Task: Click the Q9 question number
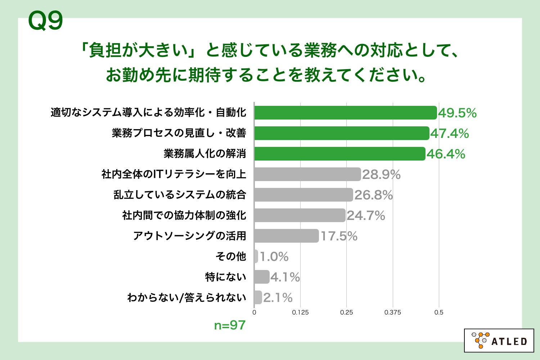click(45, 21)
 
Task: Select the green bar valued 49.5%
click(345, 113)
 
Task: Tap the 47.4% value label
click(450, 134)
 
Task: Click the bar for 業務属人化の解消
click(339, 154)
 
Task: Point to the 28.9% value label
click(381, 175)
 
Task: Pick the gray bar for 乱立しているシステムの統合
click(303, 195)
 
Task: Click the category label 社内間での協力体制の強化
click(184, 215)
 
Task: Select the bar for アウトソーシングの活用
click(286, 236)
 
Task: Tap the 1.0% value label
click(274, 257)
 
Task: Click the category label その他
click(231, 256)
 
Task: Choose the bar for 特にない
click(261, 277)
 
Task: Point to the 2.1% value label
click(278, 298)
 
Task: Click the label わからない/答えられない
click(186, 297)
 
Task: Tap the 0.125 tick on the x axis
click(300, 312)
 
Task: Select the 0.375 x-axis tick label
click(392, 312)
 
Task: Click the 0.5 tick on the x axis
click(439, 312)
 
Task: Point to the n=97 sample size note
click(230, 325)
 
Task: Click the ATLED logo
click(499, 340)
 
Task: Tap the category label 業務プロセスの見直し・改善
click(179, 133)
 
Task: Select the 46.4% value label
click(446, 154)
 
